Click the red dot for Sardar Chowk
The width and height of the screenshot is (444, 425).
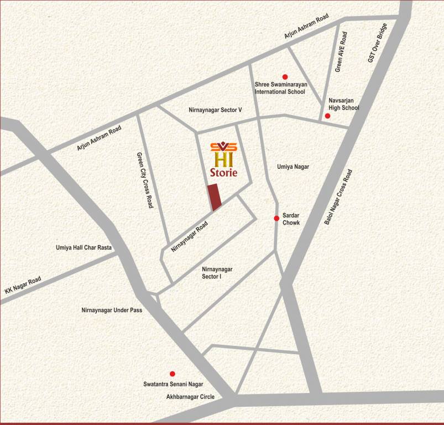pos(276,218)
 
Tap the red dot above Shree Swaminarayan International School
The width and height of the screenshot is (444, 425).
pos(285,77)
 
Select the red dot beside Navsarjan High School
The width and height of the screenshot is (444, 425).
pos(327,116)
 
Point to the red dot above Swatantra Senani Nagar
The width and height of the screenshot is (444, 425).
pos(172,374)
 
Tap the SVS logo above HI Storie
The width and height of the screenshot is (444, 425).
pos(224,147)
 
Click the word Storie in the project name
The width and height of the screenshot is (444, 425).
pos(224,173)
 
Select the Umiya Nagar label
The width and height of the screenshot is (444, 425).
pos(293,167)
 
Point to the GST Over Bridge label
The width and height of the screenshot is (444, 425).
pos(379,43)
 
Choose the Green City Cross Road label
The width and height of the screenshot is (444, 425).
pos(145,180)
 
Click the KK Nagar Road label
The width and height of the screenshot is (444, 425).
pos(23,285)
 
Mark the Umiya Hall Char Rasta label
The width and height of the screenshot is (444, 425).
pos(84,247)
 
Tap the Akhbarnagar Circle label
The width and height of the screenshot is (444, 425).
pos(190,397)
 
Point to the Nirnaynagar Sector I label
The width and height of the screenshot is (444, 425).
pos(217,272)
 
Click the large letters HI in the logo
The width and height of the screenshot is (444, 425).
pos(224,159)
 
